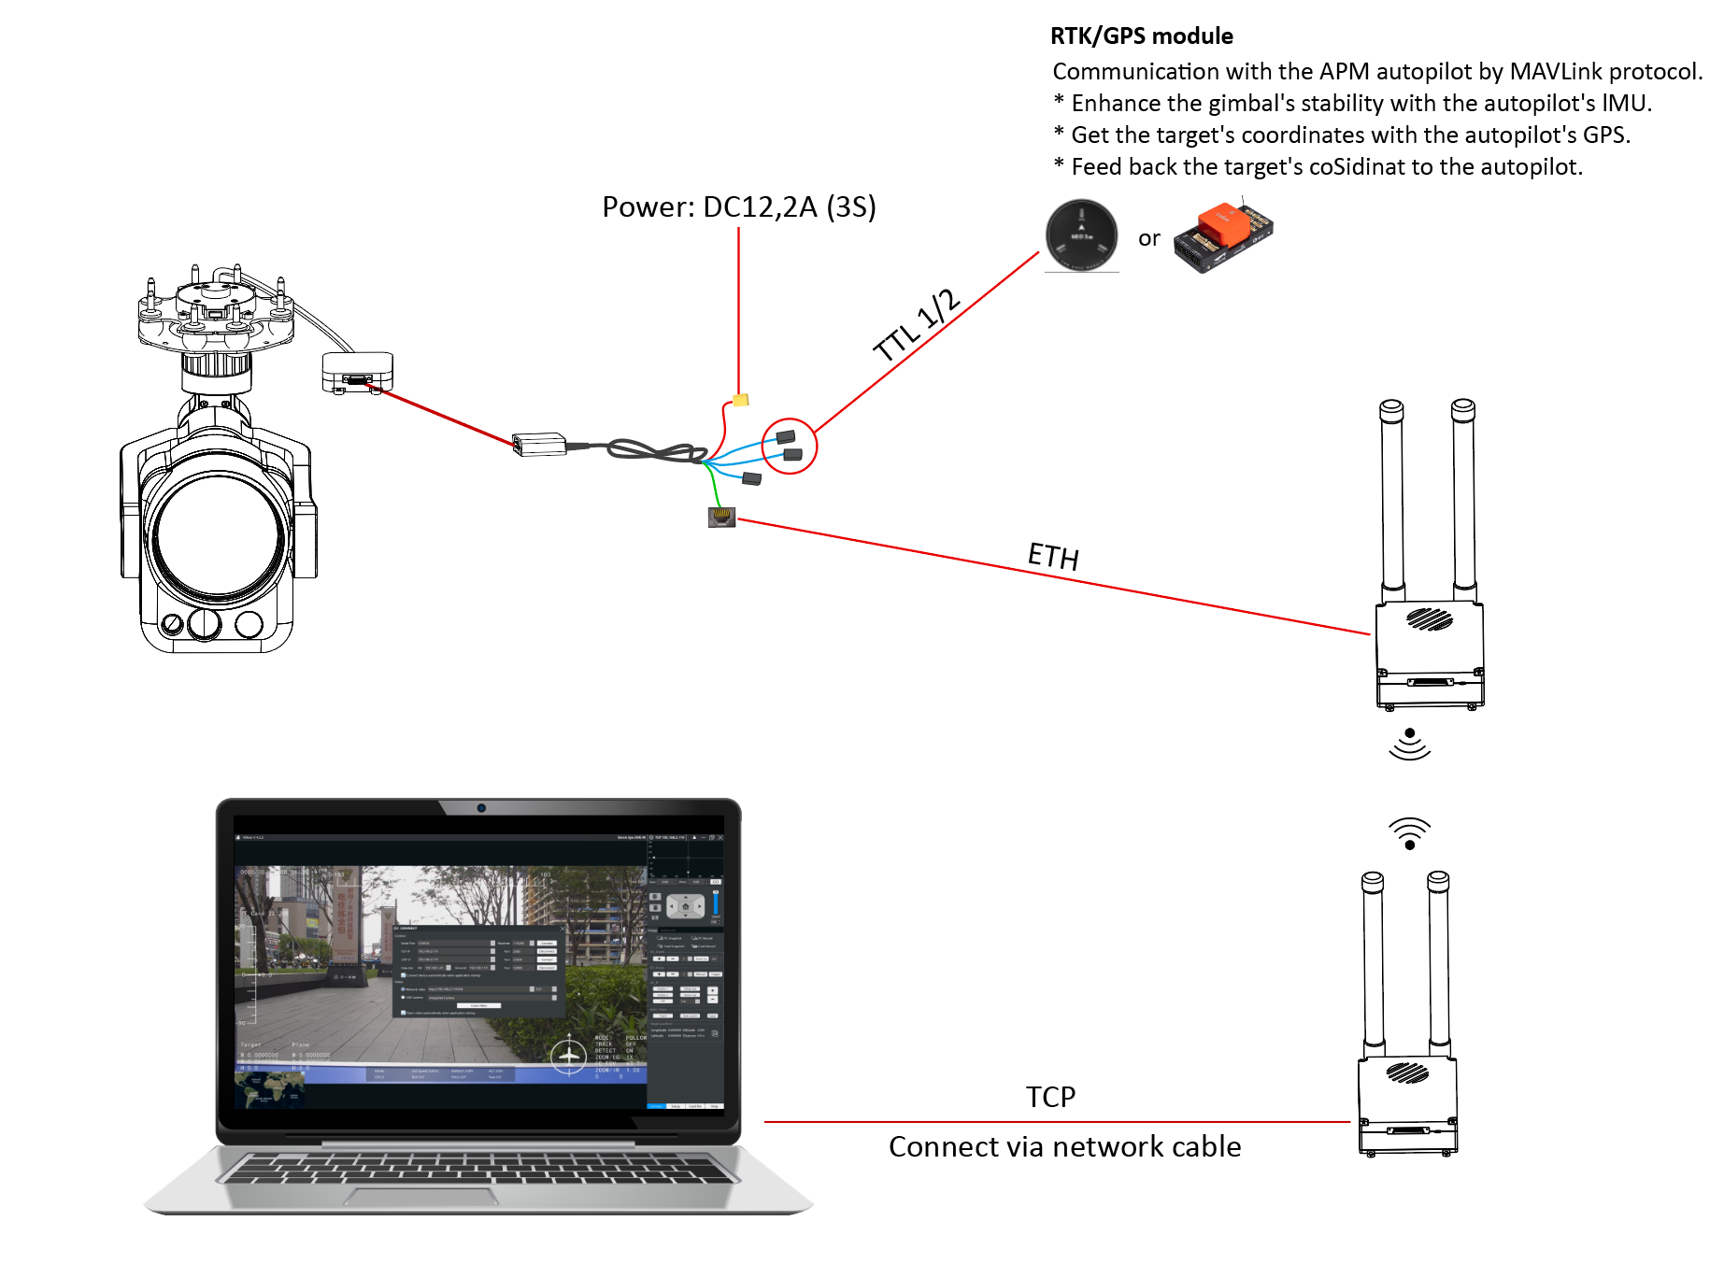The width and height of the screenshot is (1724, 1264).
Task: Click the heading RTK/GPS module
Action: (1141, 36)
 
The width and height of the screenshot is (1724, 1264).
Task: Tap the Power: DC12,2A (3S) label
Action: (738, 206)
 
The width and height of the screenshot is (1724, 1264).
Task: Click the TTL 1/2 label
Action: (917, 324)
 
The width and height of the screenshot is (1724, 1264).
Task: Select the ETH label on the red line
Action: (1053, 556)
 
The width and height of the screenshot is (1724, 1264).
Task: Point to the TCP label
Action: (1050, 1097)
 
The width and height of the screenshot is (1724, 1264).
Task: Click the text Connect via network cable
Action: (1064, 1146)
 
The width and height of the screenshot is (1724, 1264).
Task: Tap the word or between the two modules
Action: (1148, 238)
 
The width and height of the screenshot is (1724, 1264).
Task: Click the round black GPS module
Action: (1081, 235)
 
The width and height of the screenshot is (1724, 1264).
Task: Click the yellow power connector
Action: (740, 400)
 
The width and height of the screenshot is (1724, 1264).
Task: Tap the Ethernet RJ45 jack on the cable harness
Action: (721, 517)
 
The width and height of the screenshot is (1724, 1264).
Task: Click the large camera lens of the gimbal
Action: (219, 537)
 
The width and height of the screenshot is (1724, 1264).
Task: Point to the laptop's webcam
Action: (481, 808)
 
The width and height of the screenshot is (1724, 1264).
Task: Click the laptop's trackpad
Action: (420, 1197)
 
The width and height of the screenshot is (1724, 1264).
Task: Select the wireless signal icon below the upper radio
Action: (1409, 745)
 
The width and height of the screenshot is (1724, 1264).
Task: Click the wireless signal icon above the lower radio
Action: (1409, 832)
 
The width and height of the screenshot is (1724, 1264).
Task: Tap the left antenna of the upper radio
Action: (1392, 495)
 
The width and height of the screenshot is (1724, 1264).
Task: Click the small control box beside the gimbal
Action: (357, 373)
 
